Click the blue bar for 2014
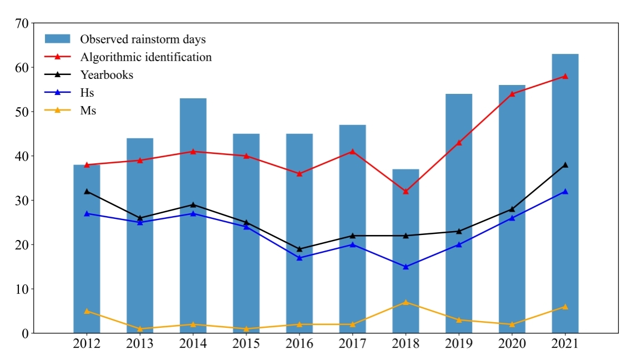193,250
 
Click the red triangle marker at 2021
565,76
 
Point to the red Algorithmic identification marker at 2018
405,191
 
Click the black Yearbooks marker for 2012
87,191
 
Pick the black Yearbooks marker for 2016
299,249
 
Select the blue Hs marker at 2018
405,267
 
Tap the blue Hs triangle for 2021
565,191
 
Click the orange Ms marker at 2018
405,302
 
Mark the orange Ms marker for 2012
87,311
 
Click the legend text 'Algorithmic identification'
146,57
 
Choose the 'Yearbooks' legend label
107,74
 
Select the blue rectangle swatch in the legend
57,39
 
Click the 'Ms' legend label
88,110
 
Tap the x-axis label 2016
299,344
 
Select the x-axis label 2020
512,344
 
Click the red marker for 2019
459,143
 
